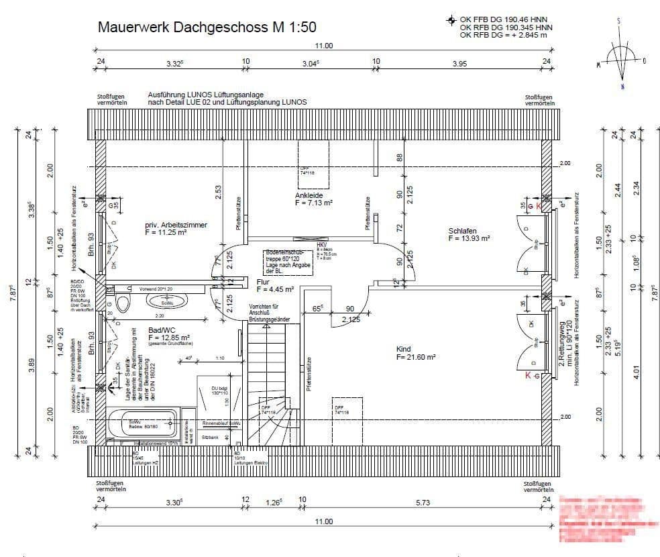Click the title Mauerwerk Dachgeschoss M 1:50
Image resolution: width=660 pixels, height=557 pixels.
coord(207,28)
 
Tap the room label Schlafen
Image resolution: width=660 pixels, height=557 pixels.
coord(462,232)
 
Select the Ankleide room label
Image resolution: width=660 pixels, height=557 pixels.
coord(310,196)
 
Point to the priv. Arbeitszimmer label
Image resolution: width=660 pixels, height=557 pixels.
coord(176,225)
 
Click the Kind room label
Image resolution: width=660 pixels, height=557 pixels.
coord(404,350)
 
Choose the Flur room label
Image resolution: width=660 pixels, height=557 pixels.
coord(264,283)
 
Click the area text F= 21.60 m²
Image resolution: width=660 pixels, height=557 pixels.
coord(416,358)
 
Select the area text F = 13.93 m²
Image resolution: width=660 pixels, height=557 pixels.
coord(469,239)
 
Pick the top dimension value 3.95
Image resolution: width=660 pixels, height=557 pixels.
coord(459,64)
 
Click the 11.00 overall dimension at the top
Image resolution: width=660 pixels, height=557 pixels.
coord(324,46)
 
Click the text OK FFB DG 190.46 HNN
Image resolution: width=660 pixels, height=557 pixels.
coord(506,19)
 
